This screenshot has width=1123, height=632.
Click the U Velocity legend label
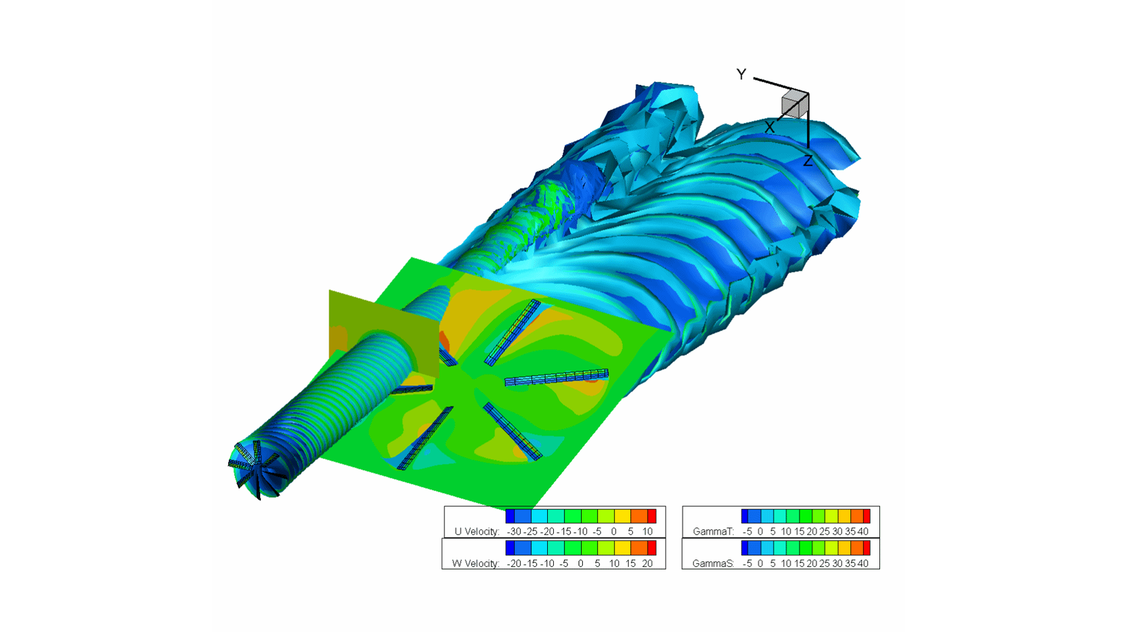point(476,532)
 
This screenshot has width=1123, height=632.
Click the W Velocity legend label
point(475,563)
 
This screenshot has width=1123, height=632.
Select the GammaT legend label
point(713,532)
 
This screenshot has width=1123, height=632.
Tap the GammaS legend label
point(713,563)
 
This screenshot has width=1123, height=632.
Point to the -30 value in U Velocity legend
point(514,532)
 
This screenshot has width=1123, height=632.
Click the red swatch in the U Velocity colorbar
point(652,515)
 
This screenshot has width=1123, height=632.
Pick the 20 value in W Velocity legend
point(647,563)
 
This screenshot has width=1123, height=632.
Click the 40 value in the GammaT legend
point(863,532)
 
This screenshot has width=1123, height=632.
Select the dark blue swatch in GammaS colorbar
point(745,548)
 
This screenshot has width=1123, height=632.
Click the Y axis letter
point(741,74)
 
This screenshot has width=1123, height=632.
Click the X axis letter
point(769,127)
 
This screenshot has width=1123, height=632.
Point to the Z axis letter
point(807,161)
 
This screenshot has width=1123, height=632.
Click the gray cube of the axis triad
point(794,105)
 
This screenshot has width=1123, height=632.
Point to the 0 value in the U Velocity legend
point(614,532)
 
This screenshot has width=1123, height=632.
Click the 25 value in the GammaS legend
point(824,563)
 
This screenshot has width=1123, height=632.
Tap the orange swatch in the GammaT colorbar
point(856,515)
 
